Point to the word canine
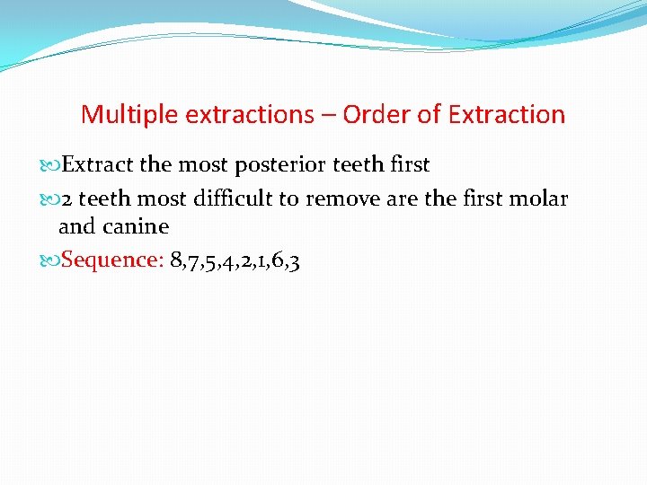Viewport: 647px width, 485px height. [x=137, y=226]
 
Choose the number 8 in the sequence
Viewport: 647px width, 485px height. [x=175, y=260]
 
